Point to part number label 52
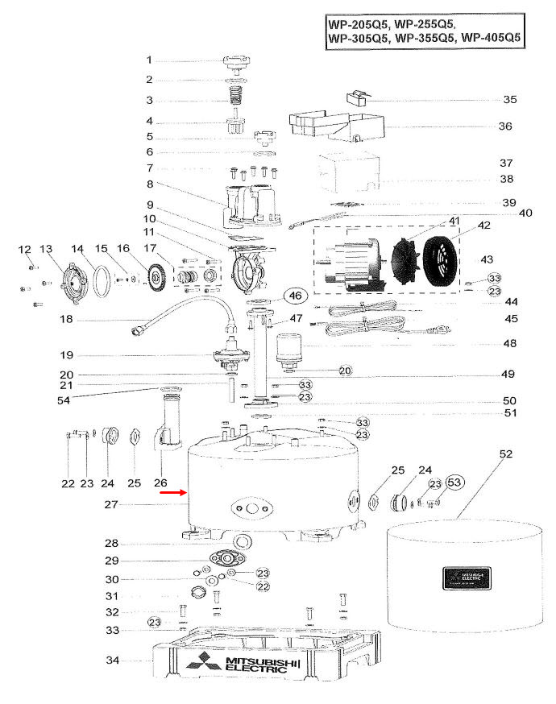505,454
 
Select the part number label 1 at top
149,60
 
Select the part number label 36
505,126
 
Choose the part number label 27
113,505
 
